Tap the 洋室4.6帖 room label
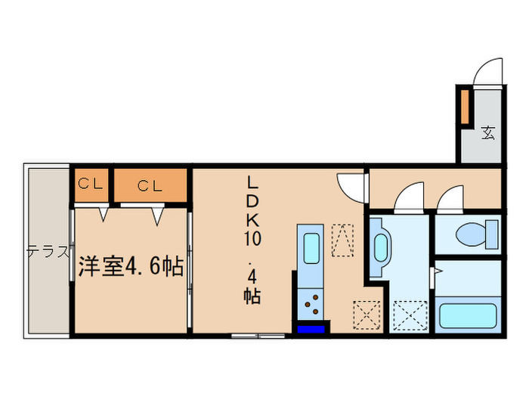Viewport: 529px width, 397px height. (x=129, y=267)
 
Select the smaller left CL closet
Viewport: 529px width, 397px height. (x=91, y=185)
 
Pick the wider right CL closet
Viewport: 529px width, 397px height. (x=150, y=185)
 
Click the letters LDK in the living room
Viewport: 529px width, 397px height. (x=252, y=203)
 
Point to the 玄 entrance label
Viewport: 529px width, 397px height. (x=488, y=133)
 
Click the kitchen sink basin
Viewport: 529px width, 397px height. (x=311, y=247)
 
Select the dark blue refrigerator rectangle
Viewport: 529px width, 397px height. (x=311, y=327)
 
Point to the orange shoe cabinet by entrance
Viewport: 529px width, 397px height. (x=466, y=107)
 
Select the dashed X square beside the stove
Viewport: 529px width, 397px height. (x=364, y=313)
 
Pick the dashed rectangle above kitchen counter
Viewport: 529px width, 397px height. (x=344, y=240)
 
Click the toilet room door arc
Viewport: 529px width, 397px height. (x=450, y=198)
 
